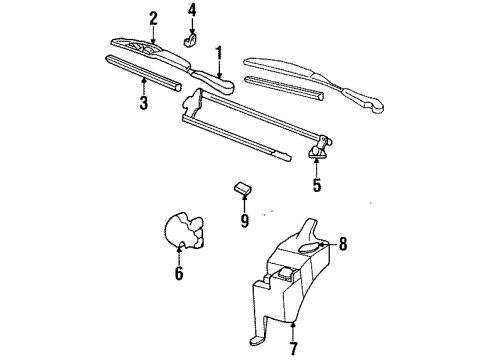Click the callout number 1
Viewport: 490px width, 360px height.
(218, 51)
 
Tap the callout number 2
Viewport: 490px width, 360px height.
(153, 16)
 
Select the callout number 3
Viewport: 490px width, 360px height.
(143, 103)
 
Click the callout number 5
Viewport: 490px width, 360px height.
(317, 185)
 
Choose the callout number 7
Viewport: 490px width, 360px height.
(293, 349)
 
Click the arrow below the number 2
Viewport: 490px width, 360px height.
(153, 32)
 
